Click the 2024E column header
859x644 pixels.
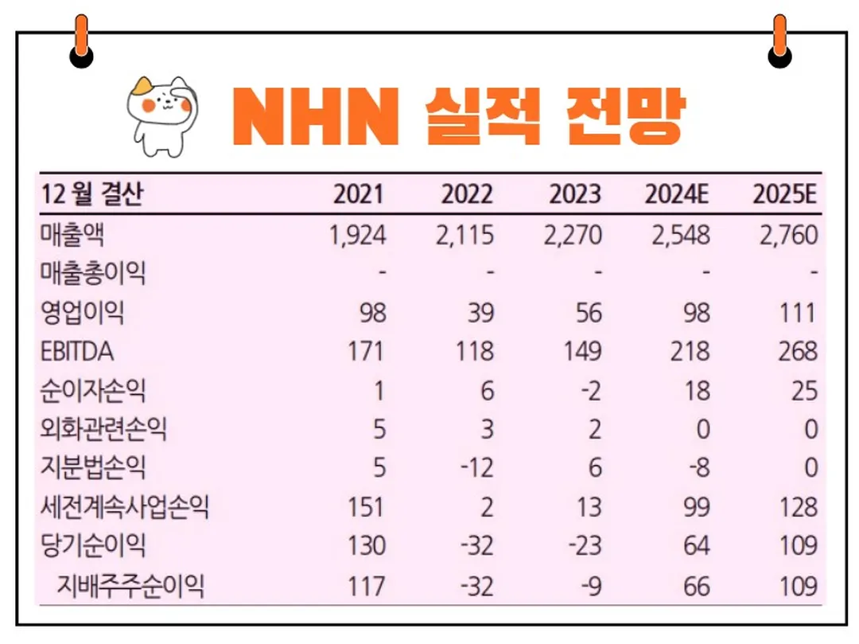[x=677, y=195]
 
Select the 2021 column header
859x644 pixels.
[x=358, y=195]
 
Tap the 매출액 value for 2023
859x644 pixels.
[x=574, y=235]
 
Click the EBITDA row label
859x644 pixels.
[x=79, y=351]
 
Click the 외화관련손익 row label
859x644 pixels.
[x=103, y=429]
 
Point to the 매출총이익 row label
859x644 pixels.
[x=93, y=274]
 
